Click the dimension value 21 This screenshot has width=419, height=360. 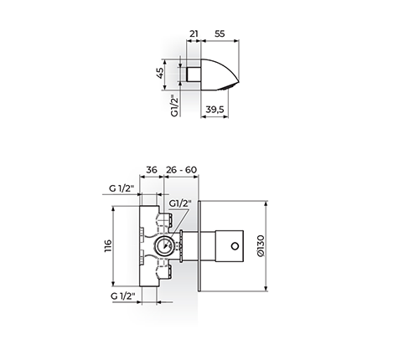194,33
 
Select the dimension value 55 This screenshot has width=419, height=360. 220,33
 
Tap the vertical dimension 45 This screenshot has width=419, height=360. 160,73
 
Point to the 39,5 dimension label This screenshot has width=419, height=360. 215,110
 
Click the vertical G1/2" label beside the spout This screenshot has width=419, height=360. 174,105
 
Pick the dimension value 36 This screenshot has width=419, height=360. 152,170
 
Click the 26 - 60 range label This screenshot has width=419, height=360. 181,170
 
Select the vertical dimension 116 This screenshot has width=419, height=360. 108,246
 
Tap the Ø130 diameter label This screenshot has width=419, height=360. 260,245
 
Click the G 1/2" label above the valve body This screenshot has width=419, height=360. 122,188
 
